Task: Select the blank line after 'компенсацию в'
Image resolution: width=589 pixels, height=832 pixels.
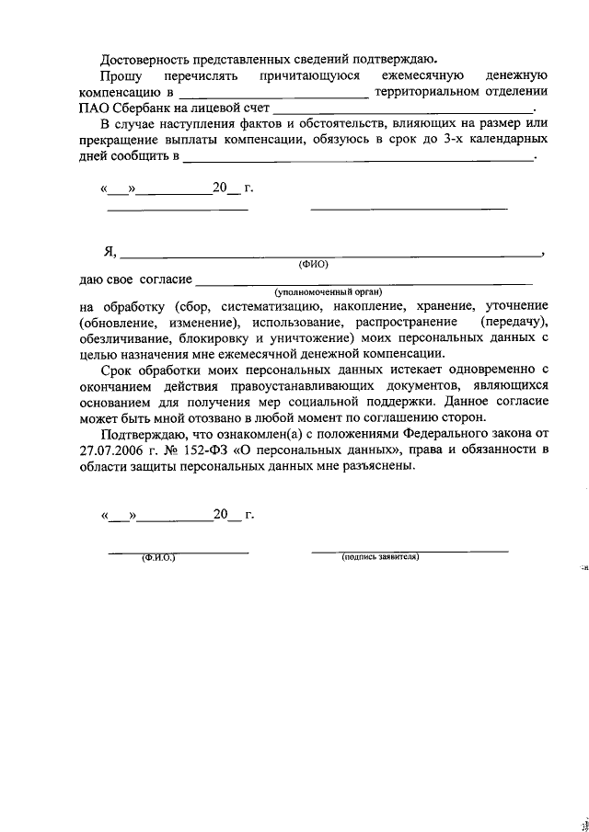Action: point(273,95)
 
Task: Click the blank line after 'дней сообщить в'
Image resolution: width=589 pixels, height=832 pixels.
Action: point(358,159)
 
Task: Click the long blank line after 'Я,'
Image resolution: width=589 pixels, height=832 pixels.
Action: point(331,254)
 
